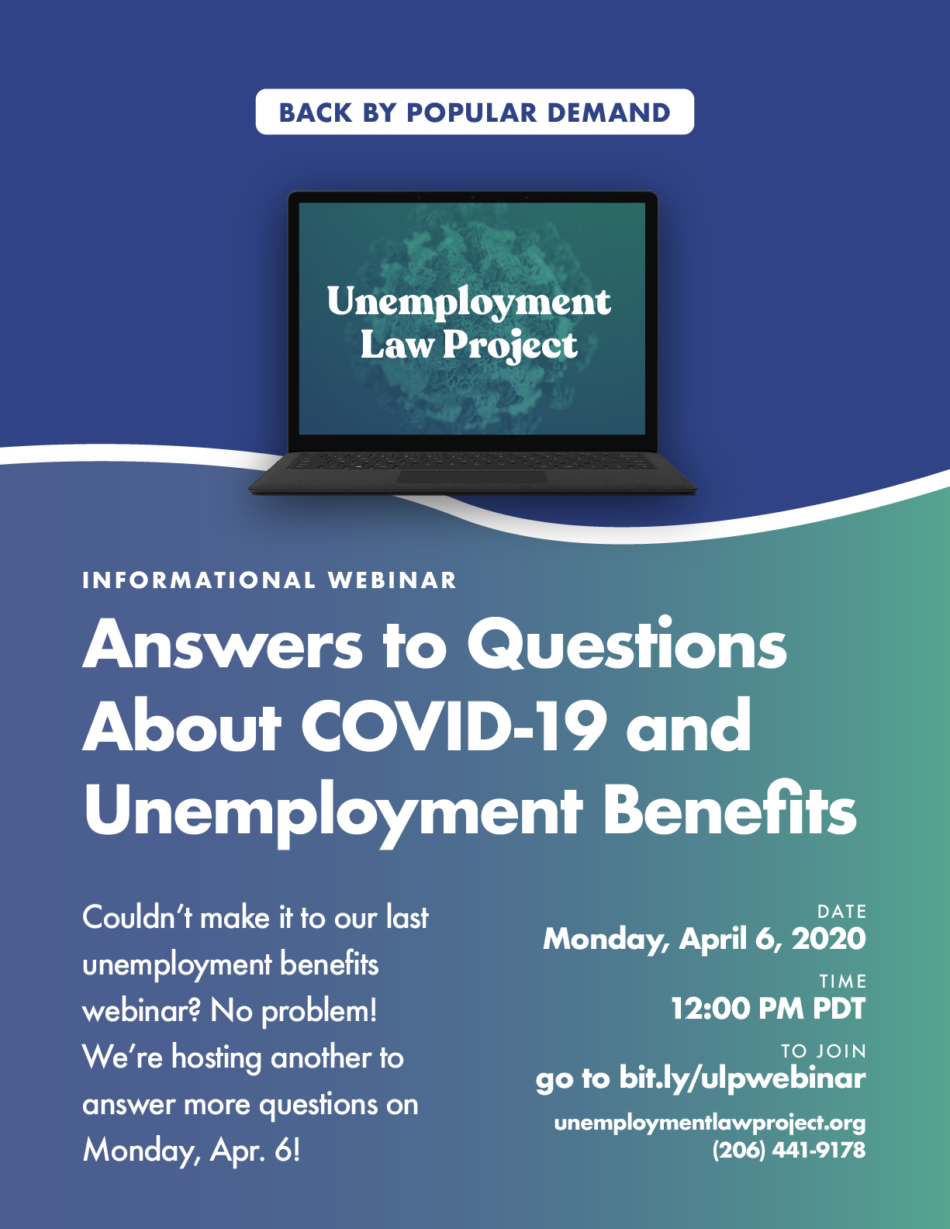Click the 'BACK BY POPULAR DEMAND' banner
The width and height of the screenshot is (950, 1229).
click(x=475, y=112)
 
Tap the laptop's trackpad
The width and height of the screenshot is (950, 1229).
click(x=472, y=476)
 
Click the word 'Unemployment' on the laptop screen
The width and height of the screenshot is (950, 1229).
click(x=468, y=303)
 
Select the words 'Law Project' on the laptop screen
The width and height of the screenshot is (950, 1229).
click(x=469, y=345)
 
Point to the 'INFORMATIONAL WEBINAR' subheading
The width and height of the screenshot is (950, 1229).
click(x=270, y=581)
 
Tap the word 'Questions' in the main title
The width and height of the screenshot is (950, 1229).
click(x=626, y=646)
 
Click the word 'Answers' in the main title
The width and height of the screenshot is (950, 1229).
click(x=223, y=645)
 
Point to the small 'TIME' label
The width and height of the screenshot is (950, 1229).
click(x=843, y=981)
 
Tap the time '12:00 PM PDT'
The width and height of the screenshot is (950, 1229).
click(x=768, y=1009)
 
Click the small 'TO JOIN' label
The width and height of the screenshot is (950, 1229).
click(x=824, y=1051)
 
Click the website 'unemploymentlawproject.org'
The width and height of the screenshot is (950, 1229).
click(x=710, y=1123)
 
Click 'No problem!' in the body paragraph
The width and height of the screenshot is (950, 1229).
click(x=293, y=1011)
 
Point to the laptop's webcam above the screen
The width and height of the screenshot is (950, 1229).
click(x=472, y=197)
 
